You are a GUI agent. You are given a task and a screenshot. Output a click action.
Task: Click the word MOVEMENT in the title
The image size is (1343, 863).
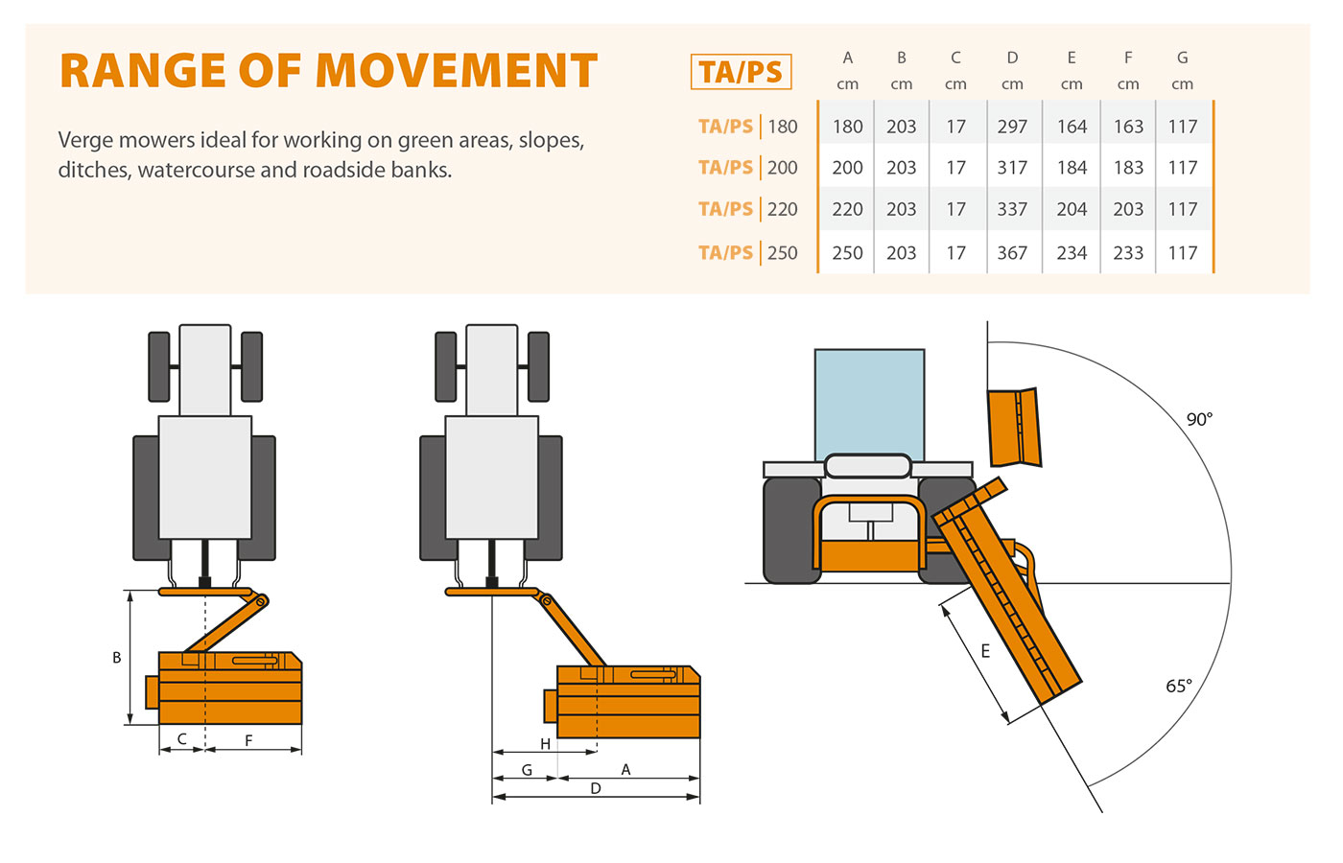tap(456, 71)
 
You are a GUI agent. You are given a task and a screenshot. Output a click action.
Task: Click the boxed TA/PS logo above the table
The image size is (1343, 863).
tap(741, 72)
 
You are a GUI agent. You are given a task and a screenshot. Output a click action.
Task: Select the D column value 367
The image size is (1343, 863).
tap(1012, 253)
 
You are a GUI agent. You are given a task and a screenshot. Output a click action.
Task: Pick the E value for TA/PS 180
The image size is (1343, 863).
tap(1072, 127)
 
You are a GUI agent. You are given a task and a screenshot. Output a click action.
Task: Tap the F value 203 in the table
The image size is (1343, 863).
tap(1128, 209)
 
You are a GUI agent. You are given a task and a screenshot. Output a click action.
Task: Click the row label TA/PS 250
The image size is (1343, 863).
tap(747, 253)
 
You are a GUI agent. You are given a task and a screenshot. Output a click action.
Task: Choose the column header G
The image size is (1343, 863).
tap(1182, 58)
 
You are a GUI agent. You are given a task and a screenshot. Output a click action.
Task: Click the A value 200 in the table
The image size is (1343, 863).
tap(847, 168)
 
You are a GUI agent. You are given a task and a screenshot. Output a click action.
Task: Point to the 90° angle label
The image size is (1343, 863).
tap(1199, 419)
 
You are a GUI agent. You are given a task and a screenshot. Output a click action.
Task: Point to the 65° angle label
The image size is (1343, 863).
tap(1179, 686)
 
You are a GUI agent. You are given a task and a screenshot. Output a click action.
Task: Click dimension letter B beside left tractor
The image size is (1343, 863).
tap(117, 658)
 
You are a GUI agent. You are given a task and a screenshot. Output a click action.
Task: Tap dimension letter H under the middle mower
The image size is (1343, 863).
tap(545, 744)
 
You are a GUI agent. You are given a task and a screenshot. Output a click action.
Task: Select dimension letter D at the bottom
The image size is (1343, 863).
tap(596, 788)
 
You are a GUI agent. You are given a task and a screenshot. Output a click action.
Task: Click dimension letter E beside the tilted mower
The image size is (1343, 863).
tap(985, 651)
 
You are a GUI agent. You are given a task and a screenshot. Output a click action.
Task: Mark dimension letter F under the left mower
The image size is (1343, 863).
tap(248, 740)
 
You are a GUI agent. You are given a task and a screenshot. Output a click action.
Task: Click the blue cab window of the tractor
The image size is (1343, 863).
tap(869, 403)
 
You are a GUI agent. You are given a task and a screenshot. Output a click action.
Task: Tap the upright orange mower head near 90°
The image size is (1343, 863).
tap(1014, 427)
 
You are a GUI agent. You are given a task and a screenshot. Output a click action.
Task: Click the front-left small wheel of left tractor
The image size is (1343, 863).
tap(159, 366)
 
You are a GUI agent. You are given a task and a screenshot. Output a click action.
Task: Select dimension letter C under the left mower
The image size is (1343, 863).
tap(182, 739)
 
